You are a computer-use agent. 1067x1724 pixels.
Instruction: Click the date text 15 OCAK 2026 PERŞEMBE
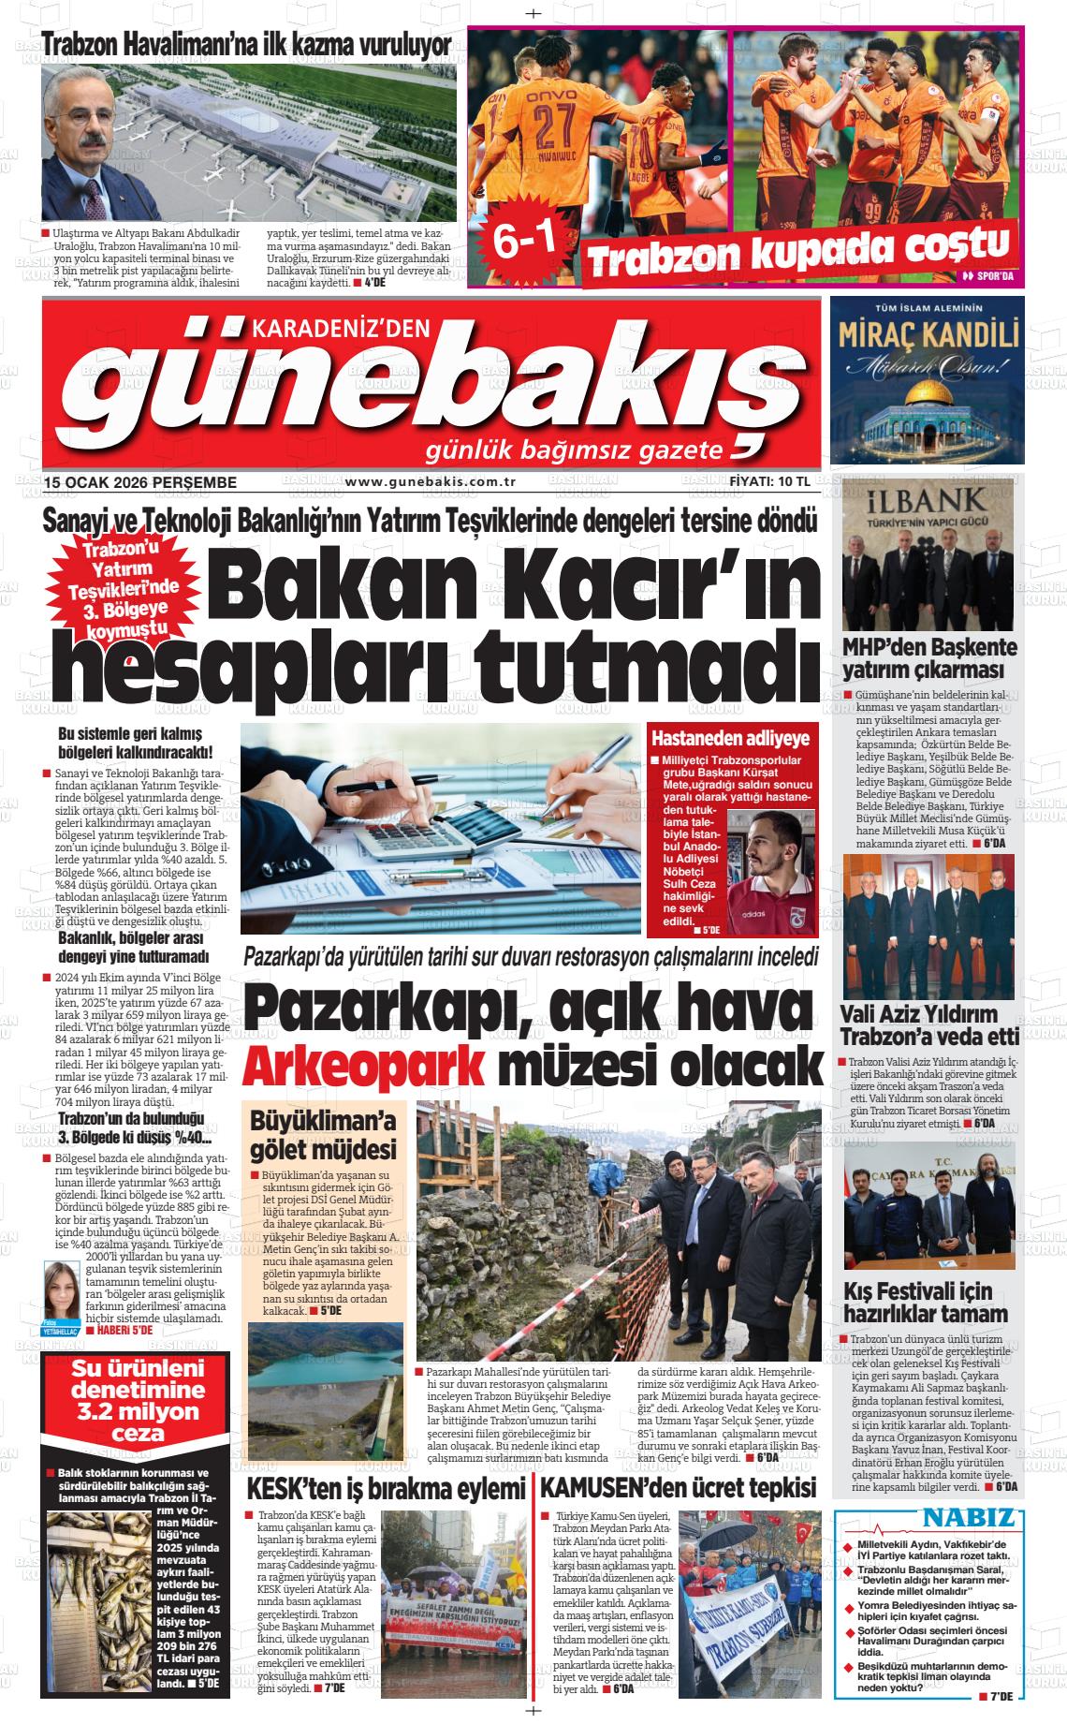(x=139, y=482)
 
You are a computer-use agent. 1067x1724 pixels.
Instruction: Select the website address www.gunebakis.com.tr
(x=431, y=482)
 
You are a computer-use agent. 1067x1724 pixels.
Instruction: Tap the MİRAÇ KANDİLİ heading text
(x=927, y=333)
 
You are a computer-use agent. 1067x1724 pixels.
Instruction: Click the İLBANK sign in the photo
(x=926, y=500)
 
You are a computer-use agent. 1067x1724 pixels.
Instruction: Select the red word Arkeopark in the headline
(x=365, y=1066)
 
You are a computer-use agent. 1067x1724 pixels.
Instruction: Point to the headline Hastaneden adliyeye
(x=731, y=737)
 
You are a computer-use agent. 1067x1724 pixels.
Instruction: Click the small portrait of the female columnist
(x=62, y=1287)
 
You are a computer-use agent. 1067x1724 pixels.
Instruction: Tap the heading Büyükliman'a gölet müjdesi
(x=323, y=1134)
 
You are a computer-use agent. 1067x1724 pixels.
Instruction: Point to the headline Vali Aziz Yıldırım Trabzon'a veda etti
(x=928, y=1024)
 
